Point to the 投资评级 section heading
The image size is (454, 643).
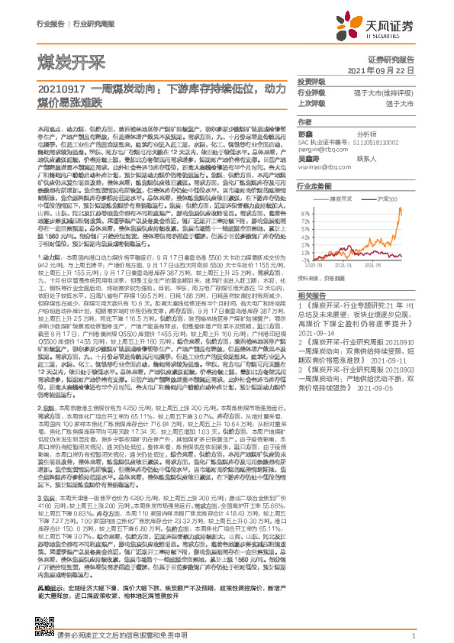click(311, 81)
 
